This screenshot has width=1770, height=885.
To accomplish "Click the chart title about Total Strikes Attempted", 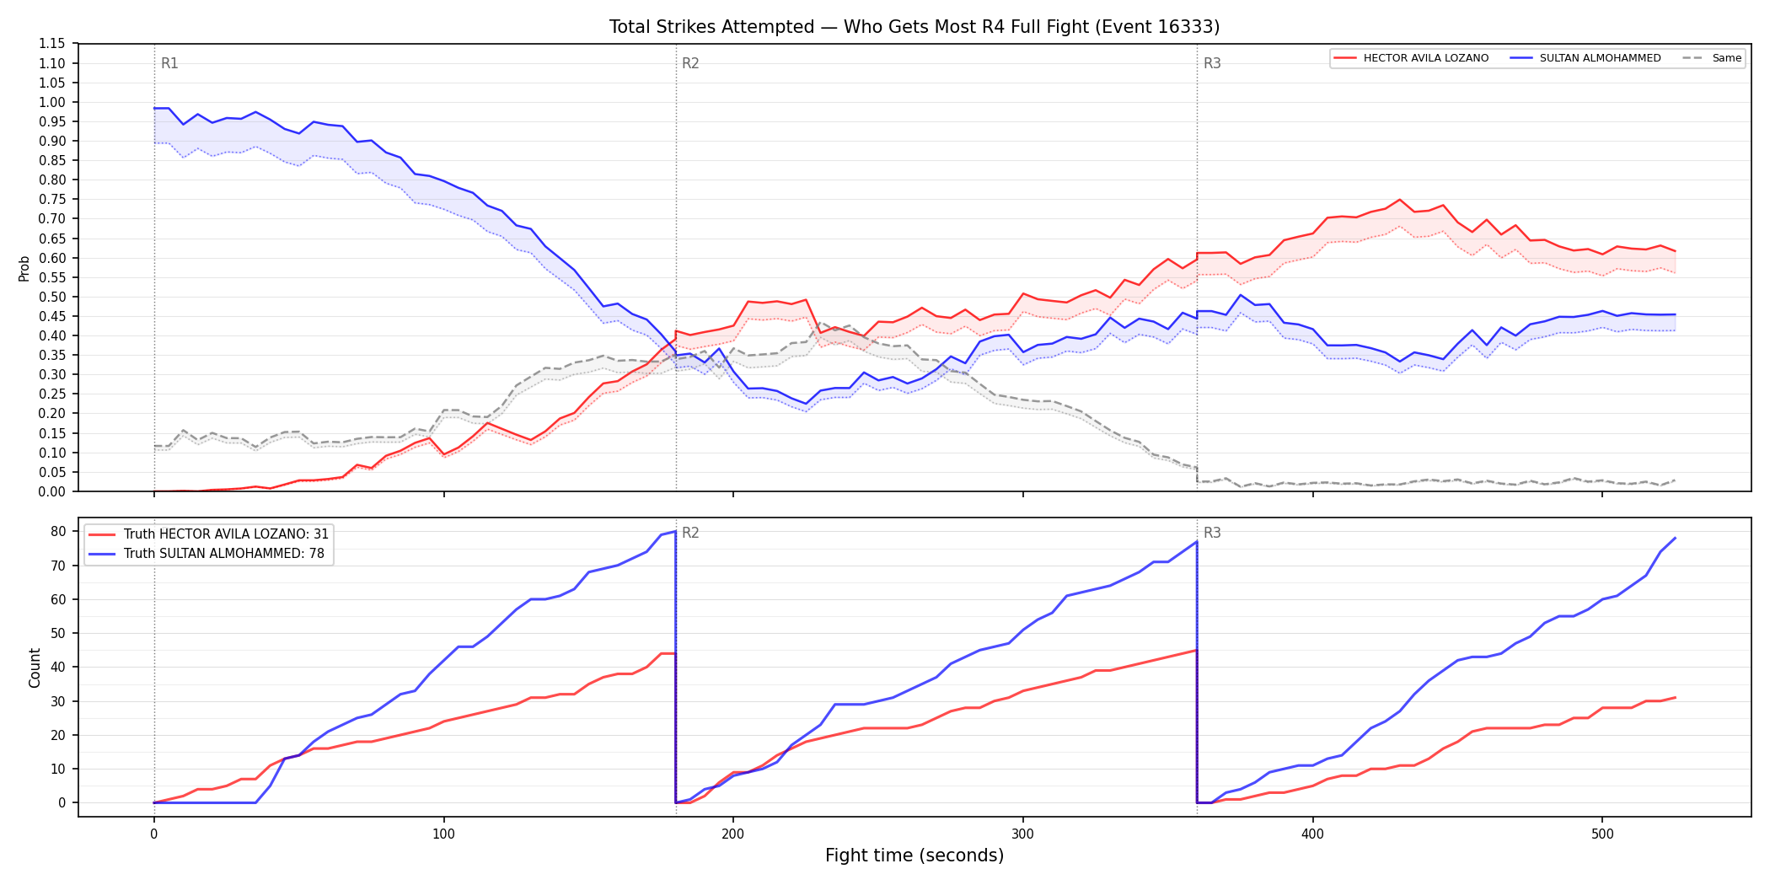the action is tap(914, 27).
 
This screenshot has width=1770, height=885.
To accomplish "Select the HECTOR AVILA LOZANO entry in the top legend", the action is tap(1412, 58).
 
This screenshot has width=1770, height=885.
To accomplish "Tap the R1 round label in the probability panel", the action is tap(169, 63).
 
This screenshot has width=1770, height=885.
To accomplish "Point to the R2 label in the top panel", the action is tap(690, 63).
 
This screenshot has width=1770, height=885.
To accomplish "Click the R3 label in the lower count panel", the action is tap(1212, 533).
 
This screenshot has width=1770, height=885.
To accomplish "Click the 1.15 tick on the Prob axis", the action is tap(53, 44).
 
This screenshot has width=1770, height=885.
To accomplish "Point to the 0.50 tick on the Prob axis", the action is tap(53, 297).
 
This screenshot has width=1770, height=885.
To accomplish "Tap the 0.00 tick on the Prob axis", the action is tap(53, 491).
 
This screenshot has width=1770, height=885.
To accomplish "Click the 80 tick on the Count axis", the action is tap(58, 531).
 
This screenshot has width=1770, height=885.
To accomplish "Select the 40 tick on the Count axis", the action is tap(58, 667).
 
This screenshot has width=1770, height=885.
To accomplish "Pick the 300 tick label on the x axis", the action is tap(1023, 834).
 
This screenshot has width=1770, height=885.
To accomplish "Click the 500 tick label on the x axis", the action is tap(1602, 834).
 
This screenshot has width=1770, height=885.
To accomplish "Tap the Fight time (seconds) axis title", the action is tap(914, 855).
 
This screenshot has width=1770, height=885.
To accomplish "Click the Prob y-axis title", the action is tap(24, 268).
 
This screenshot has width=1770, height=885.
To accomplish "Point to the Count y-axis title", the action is tap(35, 668).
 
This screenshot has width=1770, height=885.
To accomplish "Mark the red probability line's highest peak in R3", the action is tap(1399, 200).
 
